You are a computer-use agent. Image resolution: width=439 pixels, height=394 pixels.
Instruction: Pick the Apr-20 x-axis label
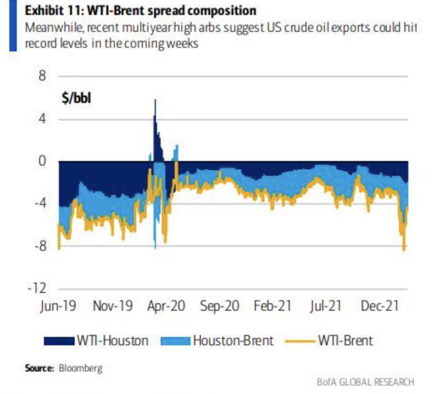[165, 306]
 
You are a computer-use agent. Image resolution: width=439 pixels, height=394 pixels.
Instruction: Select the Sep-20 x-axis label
[219, 306]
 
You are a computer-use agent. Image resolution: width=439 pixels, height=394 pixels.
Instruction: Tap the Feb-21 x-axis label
[273, 306]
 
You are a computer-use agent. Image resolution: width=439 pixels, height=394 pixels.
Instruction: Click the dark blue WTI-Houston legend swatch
[59, 341]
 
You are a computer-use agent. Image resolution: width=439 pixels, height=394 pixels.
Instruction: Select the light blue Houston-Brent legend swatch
[176, 341]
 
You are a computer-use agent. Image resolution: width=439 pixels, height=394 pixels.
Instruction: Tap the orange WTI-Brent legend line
[299, 341]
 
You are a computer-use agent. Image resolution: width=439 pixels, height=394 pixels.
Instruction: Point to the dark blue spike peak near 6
[155, 100]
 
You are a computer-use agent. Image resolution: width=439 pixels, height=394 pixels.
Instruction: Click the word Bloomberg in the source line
[80, 368]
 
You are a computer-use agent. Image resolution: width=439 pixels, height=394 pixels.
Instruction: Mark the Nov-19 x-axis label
[112, 306]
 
